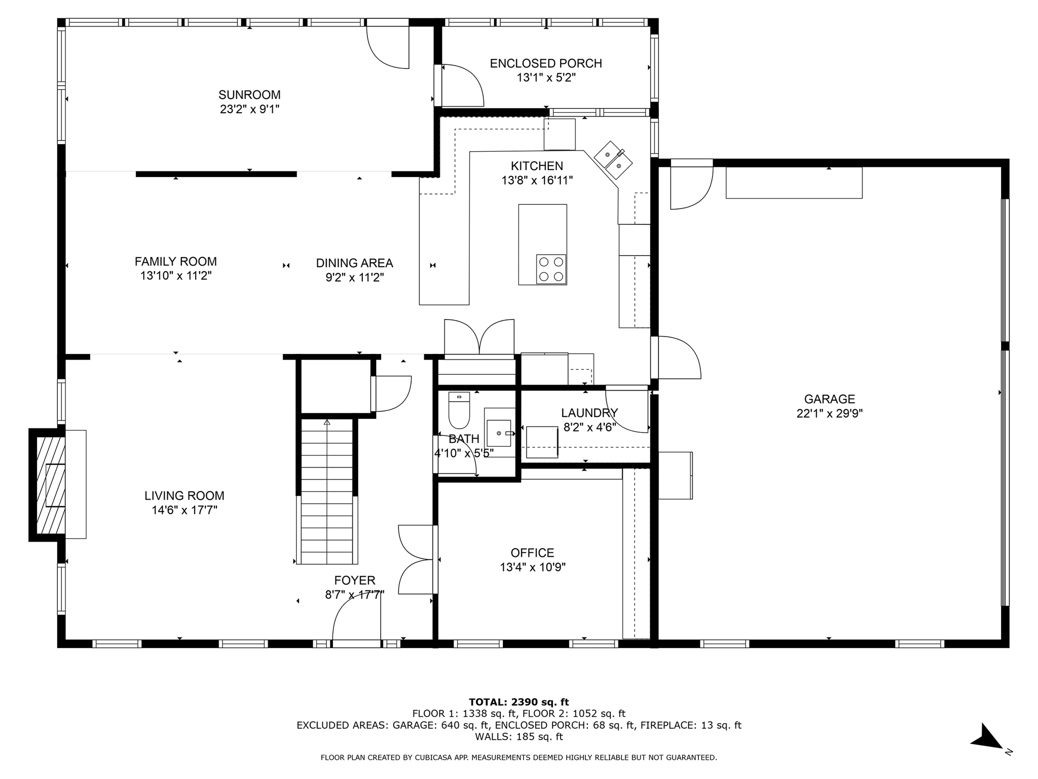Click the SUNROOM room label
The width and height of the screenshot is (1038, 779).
pos(249,95)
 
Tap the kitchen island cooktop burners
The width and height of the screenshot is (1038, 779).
pos(551,269)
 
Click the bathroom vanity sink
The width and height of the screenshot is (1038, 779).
pos(499,433)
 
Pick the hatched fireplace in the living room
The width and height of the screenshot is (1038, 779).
pos(50,484)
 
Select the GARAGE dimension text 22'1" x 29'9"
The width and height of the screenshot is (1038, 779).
pos(829,414)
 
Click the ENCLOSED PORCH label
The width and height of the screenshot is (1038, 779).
pos(546,63)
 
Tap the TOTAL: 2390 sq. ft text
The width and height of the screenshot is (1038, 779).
pos(518,702)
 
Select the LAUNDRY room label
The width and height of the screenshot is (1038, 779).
pos(589,413)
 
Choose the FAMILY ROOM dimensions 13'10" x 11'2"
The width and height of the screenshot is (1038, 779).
pos(176,276)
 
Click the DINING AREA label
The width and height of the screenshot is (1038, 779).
pos(354,263)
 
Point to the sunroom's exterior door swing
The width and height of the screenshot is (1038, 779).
pos(388,46)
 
